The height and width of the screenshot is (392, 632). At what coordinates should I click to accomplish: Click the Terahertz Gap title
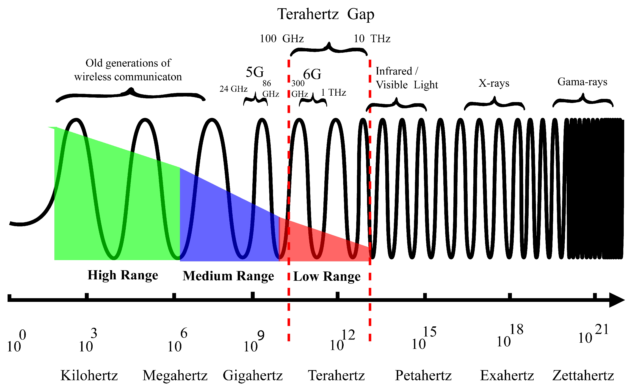point(326,14)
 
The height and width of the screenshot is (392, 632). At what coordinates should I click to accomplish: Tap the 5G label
point(255,72)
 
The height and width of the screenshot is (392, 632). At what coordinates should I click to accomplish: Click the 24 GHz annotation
point(233,89)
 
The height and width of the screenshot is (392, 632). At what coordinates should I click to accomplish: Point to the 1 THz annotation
point(334,93)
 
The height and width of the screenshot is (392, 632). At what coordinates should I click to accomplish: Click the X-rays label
point(494,83)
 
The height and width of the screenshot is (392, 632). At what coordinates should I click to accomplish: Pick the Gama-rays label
point(582,82)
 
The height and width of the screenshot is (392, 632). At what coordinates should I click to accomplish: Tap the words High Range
point(123,275)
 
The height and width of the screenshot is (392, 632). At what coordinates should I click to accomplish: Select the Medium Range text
point(228,276)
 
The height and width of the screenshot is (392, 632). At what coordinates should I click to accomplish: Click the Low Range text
point(327,277)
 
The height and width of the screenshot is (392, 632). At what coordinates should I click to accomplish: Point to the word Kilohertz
point(89,375)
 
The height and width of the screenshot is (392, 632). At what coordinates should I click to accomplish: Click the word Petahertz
point(423,375)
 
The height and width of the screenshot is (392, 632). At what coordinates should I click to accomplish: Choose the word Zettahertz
point(583,375)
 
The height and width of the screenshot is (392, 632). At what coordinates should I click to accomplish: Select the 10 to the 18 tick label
point(509,336)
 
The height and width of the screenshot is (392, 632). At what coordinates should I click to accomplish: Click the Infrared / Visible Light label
point(406,78)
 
